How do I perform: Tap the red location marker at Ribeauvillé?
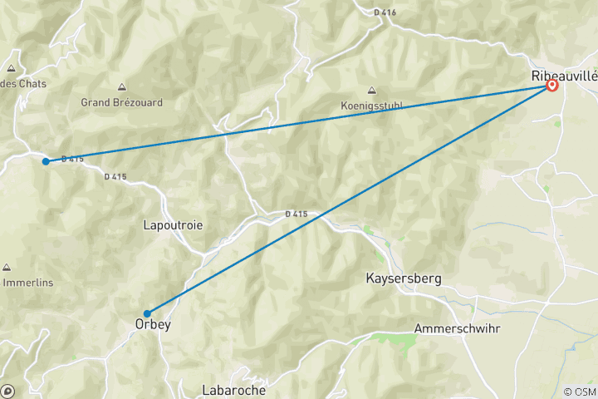(x=551, y=86)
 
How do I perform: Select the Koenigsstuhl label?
(x=370, y=106)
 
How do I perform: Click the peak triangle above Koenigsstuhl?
(x=370, y=91)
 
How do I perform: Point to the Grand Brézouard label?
(x=121, y=102)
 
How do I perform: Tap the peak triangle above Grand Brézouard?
(x=122, y=86)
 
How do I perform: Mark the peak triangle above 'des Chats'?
(x=12, y=69)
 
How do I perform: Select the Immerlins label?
(x=28, y=283)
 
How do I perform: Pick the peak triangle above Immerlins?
(x=7, y=268)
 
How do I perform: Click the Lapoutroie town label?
(x=173, y=224)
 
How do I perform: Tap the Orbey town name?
(x=153, y=324)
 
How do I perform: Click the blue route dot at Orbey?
(x=147, y=313)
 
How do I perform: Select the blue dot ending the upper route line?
(x=47, y=161)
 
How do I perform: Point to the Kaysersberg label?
(x=403, y=278)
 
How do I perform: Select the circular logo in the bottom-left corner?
(x=8, y=390)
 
